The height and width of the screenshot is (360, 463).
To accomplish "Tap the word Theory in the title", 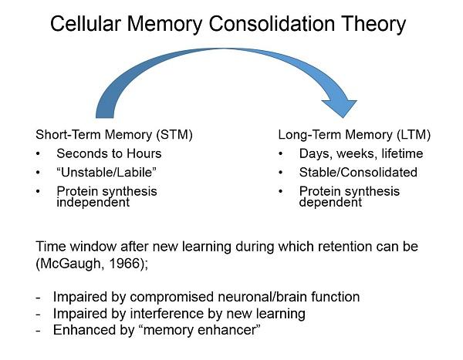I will (373, 24).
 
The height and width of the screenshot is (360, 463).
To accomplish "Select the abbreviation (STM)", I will (174, 135).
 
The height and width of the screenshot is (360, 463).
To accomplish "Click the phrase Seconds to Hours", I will (109, 153).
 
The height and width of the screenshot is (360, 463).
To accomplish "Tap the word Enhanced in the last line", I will (80, 331).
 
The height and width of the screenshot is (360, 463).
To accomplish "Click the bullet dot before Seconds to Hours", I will (39, 153).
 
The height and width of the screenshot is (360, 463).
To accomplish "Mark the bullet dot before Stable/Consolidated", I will (282, 172).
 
